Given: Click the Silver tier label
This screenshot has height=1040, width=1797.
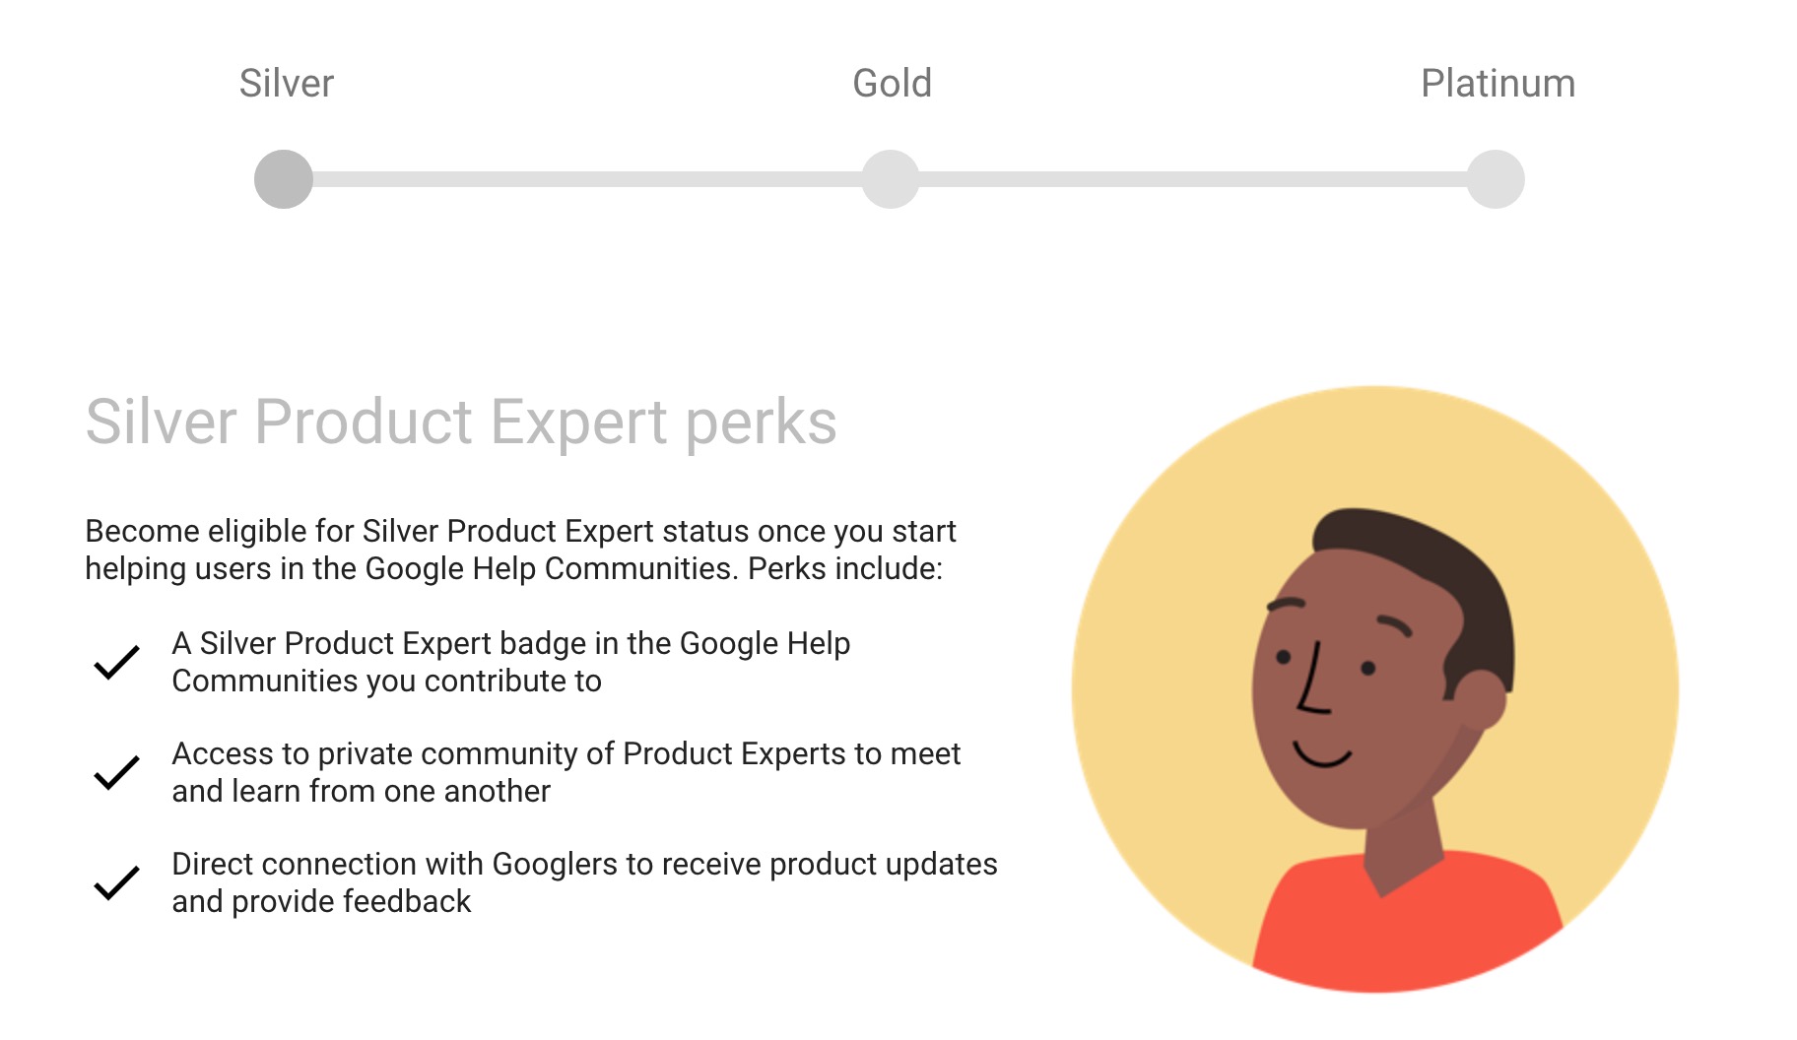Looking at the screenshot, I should pyautogui.click(x=286, y=84).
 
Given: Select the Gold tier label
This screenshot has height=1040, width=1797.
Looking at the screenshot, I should pyautogui.click(x=892, y=84).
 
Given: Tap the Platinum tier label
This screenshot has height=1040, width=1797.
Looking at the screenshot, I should pyautogui.click(x=1497, y=84).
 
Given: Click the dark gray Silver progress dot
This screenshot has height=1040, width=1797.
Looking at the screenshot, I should pyautogui.click(x=284, y=179).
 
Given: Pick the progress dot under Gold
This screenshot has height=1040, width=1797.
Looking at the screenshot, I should pyautogui.click(x=891, y=179).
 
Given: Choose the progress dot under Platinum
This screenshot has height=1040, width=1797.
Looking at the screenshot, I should pyautogui.click(x=1496, y=179).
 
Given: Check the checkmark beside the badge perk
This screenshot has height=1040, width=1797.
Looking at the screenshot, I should pyautogui.click(x=116, y=662).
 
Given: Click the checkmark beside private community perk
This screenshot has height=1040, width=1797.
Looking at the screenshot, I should pyautogui.click(x=116, y=772).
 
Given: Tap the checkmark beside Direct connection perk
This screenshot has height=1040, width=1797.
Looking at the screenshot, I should pyautogui.click(x=116, y=882).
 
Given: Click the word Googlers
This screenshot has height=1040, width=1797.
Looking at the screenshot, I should pyautogui.click(x=555, y=864).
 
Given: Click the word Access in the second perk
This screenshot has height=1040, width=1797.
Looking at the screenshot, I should pyautogui.click(x=223, y=753).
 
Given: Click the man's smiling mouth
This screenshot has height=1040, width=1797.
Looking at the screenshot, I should pyautogui.click(x=1321, y=755).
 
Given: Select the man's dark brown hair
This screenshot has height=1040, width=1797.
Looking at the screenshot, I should pyautogui.click(x=1429, y=561).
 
